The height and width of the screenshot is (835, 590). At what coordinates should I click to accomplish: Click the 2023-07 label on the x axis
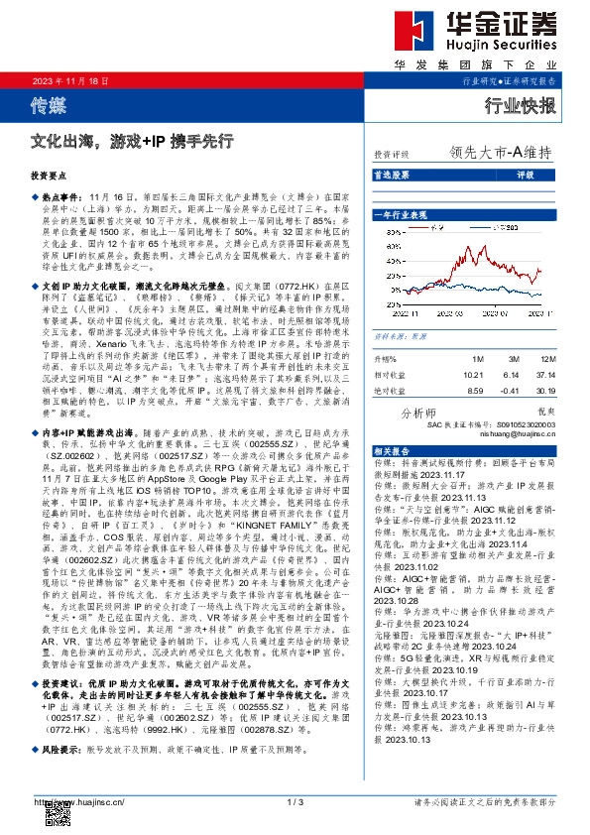pos(495,313)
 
